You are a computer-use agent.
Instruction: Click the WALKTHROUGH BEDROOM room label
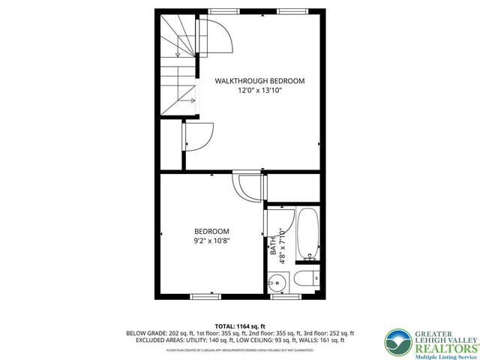[259, 80]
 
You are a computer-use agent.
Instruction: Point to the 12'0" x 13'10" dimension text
[260, 90]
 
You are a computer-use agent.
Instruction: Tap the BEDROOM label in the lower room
[211, 231]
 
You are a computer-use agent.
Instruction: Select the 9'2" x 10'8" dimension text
[211, 241]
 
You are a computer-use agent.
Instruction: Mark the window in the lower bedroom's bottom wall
[205, 297]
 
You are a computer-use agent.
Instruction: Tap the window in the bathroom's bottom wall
[282, 297]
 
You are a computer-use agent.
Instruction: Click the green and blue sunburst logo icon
[394, 341]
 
